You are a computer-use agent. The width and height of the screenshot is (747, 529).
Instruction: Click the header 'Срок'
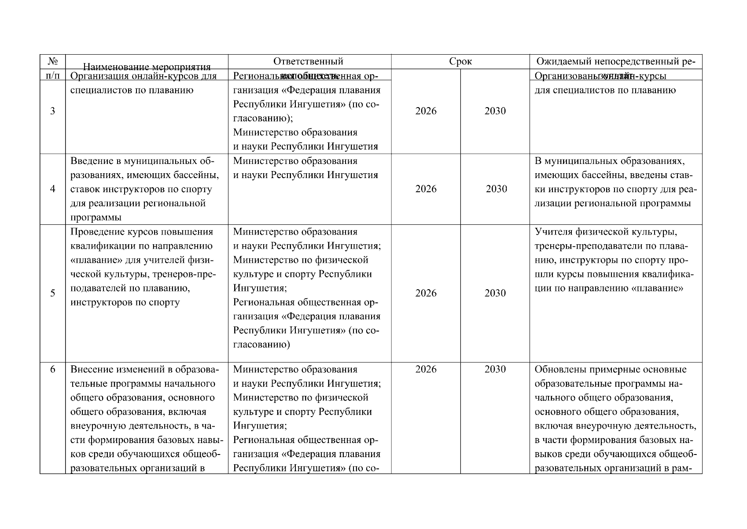(x=460, y=61)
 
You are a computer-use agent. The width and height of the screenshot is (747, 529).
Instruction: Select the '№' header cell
(x=52, y=61)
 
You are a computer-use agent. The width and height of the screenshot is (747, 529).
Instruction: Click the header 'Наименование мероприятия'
(x=147, y=67)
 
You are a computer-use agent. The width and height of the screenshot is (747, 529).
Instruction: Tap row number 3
(x=52, y=111)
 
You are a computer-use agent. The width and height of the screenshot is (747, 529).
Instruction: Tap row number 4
(x=52, y=189)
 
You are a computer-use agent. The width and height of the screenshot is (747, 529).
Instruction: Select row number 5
(x=52, y=293)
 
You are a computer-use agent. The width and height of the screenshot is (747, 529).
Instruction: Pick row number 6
(x=52, y=369)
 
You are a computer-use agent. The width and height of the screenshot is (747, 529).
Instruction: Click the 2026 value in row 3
(x=426, y=111)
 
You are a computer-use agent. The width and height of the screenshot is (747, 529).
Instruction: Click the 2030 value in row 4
(x=496, y=189)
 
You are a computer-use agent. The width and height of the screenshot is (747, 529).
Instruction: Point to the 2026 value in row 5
(x=426, y=293)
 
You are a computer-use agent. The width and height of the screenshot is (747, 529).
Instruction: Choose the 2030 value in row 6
(x=495, y=369)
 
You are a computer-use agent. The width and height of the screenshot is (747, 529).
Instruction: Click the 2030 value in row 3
(x=495, y=111)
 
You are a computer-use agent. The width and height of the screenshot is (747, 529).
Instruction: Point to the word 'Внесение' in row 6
(x=90, y=369)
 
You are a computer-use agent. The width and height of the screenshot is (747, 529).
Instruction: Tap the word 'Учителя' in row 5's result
(x=552, y=232)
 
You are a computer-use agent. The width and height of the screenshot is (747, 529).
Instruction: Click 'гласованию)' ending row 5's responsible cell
(x=261, y=345)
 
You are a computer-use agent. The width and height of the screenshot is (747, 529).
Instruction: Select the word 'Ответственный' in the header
(x=308, y=61)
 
